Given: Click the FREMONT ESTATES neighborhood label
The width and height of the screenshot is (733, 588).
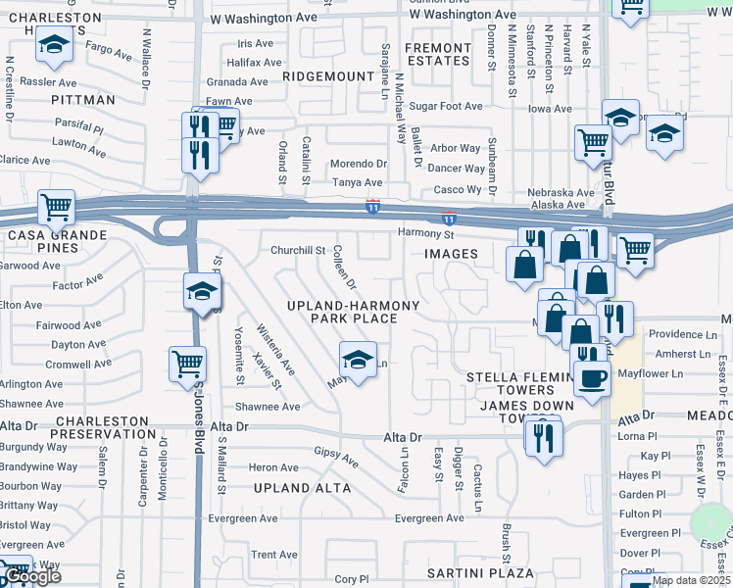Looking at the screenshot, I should tap(438, 54).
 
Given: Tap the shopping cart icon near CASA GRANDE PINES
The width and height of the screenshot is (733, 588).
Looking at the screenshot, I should tap(56, 207).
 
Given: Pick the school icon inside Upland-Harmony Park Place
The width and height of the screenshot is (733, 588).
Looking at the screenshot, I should tap(359, 359).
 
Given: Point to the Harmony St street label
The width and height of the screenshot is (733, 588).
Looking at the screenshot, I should tap(426, 233).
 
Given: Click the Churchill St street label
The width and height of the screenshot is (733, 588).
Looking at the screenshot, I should tap(298, 250).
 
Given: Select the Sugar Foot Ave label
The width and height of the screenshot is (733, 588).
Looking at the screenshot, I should tap(447, 106).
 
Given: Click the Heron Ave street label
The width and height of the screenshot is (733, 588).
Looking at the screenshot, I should tap(273, 467).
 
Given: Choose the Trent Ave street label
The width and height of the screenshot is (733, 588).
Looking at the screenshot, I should tap(274, 555).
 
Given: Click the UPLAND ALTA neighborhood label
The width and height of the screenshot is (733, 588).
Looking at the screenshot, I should tap(295, 487).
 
